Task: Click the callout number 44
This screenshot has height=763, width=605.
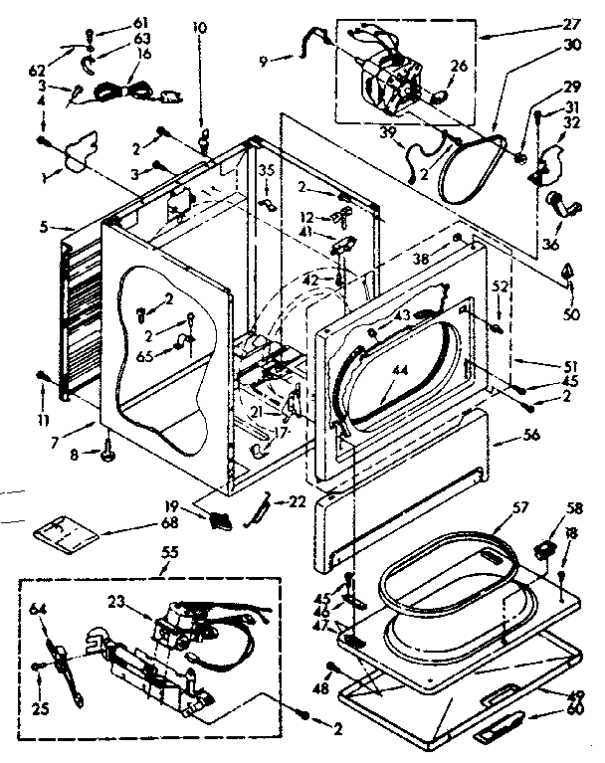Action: (x=400, y=370)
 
